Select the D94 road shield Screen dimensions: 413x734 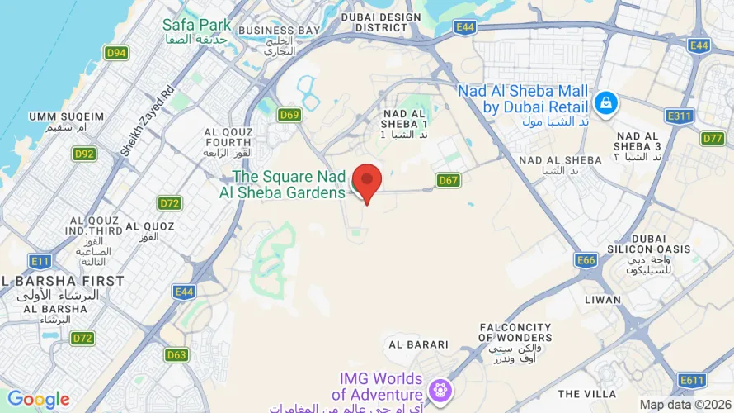point(116,53)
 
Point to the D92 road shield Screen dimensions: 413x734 point(84,154)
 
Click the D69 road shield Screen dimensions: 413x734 point(289,115)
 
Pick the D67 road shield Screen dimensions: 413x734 point(448,180)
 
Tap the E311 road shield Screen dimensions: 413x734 point(680,116)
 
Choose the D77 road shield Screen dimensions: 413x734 point(713,138)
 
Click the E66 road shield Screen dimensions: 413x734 point(586,260)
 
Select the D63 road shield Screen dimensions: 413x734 point(176,355)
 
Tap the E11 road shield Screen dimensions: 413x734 point(40,261)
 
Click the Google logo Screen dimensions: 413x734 point(38,401)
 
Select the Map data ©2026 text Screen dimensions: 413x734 point(685,405)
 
